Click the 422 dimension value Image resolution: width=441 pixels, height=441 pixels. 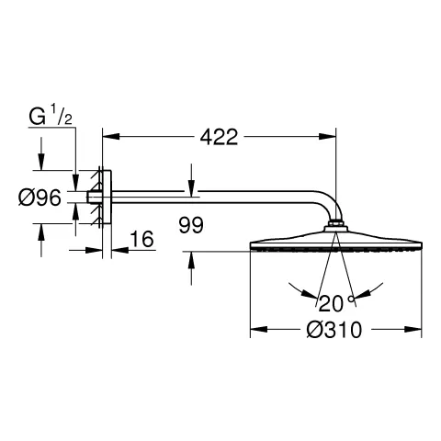(219, 137)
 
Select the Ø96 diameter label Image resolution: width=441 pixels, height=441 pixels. (40, 198)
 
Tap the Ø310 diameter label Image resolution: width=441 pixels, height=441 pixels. (334, 330)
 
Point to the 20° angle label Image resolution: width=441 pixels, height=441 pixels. (336, 303)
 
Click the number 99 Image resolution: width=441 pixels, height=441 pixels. (191, 225)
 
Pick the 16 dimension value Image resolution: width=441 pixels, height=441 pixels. (141, 239)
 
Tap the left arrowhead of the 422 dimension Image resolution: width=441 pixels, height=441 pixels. (110, 137)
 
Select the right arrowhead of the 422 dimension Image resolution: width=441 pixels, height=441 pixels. (328, 137)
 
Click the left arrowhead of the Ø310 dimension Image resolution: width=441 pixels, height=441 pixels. (259, 330)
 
